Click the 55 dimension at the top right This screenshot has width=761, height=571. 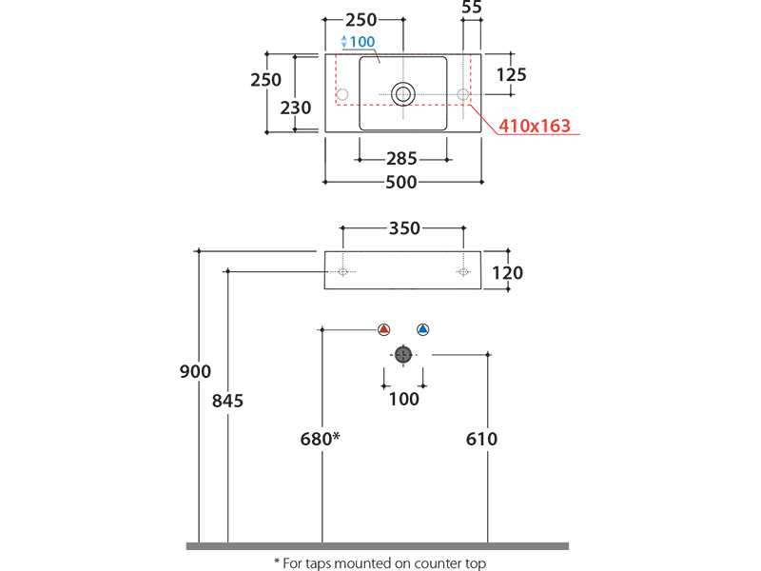(471, 8)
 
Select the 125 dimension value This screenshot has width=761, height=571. (511, 74)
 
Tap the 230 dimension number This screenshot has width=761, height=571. (296, 108)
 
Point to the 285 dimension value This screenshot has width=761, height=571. (403, 159)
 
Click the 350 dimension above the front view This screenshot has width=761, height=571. (403, 228)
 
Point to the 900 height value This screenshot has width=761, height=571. (195, 372)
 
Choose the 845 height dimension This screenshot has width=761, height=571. (227, 401)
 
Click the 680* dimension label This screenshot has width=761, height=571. (320, 439)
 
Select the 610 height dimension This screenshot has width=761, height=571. (482, 439)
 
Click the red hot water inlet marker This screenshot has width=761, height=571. (383, 329)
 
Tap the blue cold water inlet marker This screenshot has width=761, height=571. (423, 329)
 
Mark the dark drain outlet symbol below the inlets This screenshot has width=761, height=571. (403, 354)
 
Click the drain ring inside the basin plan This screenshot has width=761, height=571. (403, 93)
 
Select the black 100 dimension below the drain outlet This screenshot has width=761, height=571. (403, 399)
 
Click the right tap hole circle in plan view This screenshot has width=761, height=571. (464, 94)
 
